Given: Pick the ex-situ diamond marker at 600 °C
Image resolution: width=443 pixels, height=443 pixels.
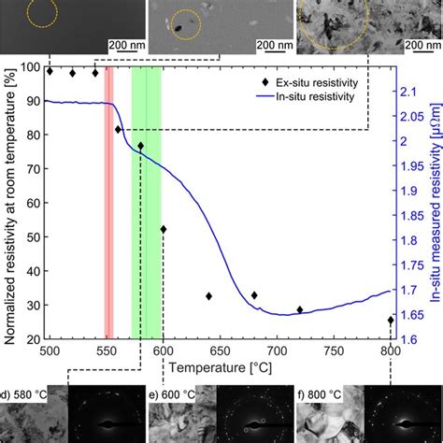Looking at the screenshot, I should (164, 229).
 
